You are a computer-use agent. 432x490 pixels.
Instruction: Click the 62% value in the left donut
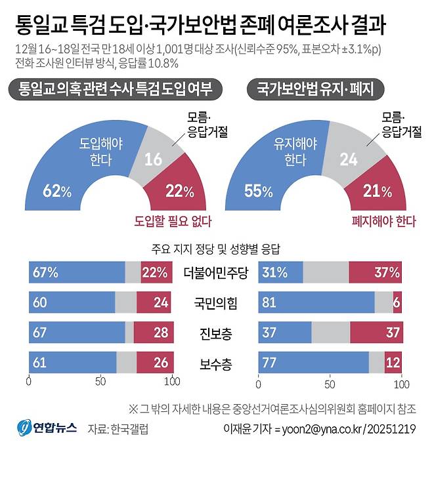(x=57, y=192)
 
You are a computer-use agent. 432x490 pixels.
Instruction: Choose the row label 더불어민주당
(x=216, y=272)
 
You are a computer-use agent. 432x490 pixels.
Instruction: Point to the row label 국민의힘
(x=216, y=302)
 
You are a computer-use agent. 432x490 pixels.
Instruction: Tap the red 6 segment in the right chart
(x=397, y=302)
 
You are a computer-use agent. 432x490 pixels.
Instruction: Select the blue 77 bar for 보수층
(x=314, y=363)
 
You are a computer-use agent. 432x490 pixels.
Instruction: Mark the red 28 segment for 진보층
(x=152, y=333)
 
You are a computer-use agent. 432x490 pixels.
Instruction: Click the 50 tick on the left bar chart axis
(x=100, y=382)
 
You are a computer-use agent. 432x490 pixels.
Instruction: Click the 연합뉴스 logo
(x=47, y=428)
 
